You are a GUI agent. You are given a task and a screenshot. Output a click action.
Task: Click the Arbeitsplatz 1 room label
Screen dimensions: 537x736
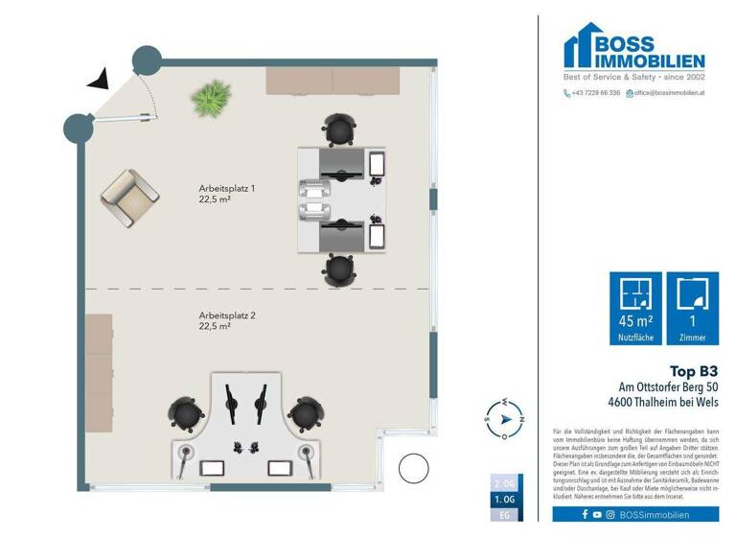(x=227, y=195)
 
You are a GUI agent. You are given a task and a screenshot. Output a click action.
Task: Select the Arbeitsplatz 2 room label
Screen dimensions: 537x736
(x=227, y=320)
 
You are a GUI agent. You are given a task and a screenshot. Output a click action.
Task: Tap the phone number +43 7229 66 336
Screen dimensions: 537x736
(x=592, y=93)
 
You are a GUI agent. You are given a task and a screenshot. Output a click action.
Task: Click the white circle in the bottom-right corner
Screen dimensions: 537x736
(x=413, y=468)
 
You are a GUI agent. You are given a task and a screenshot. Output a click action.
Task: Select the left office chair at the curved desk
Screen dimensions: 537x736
(x=186, y=413)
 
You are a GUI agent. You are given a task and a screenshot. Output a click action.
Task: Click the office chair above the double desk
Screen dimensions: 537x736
(x=339, y=129)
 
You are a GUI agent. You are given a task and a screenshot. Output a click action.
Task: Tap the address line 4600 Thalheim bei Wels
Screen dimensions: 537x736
(x=662, y=401)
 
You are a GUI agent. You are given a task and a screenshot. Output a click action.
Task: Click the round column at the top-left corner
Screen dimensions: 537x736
(x=146, y=59)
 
